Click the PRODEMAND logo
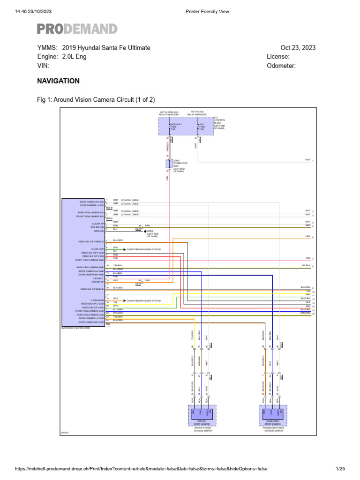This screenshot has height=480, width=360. point(77,29)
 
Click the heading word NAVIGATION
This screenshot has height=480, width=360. point(58,81)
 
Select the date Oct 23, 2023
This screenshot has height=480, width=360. point(298,48)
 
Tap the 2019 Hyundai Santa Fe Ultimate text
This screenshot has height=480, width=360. point(105,48)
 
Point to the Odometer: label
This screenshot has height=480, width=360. point(281,66)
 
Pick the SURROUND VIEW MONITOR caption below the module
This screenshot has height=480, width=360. point(75,328)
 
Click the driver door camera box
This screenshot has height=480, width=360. point(202,412)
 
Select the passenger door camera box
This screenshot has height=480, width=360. point(272,412)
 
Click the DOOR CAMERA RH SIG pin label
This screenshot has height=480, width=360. point(92,201)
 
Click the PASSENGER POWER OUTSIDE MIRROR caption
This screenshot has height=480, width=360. point(272,429)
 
